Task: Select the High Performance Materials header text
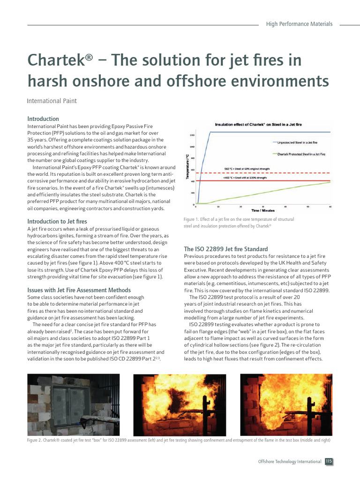click(x=299, y=24)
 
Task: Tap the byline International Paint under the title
click(x=52, y=101)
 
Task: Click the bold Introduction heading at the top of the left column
click(x=43, y=119)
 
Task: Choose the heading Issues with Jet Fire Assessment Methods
click(x=79, y=290)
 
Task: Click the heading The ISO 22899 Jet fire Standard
click(x=226, y=249)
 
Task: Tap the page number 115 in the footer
click(x=329, y=462)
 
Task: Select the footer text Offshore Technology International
click(x=290, y=462)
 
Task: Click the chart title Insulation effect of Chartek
click(x=258, y=125)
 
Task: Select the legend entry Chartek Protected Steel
click(x=301, y=154)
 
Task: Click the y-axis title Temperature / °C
click(x=188, y=166)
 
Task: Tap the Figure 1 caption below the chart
click(x=235, y=223)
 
